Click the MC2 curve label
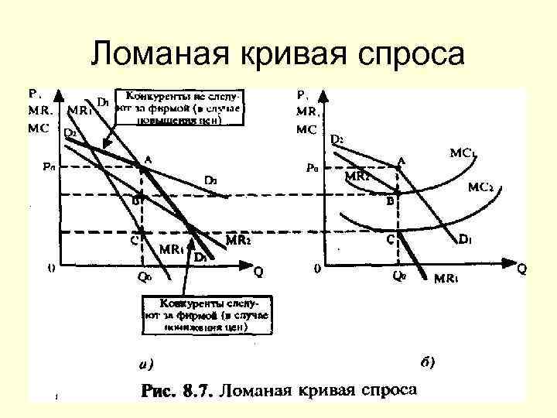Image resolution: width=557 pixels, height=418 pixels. (485, 187)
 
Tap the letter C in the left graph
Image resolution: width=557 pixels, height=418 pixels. (134, 240)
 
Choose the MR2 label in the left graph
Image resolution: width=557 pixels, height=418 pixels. (238, 241)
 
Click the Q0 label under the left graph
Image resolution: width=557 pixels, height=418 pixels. (143, 276)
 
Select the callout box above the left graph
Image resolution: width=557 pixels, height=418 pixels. (178, 107)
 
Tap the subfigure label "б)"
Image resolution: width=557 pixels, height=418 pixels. (428, 361)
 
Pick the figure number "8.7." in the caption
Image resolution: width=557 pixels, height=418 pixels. (196, 389)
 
